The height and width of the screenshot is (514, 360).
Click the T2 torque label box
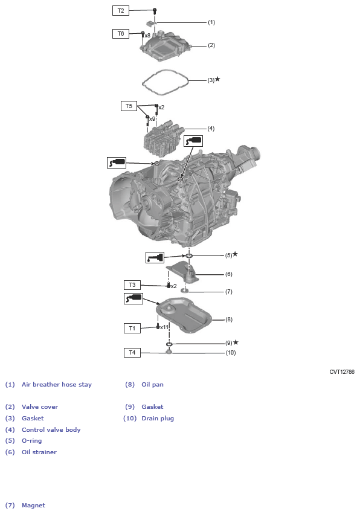coord(121,10)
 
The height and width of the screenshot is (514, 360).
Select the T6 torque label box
coord(121,34)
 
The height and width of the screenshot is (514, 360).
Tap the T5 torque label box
coord(129,106)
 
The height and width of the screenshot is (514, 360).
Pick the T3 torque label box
coord(132,284)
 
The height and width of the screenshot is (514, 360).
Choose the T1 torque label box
coord(132,328)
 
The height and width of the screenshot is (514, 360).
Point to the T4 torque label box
coord(132,352)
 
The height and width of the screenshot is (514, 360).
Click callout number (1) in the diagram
coord(211,22)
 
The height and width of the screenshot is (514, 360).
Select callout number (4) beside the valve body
coord(211,129)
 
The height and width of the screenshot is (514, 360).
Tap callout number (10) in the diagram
coord(230,352)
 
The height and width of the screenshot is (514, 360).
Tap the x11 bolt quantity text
coord(164,327)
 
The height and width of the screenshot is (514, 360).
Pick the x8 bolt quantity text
coord(147,36)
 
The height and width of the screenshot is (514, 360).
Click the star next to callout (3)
coord(217,79)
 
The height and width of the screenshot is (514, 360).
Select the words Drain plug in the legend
coord(158,418)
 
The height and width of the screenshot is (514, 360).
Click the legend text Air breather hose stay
coord(57,384)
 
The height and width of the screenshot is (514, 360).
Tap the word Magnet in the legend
coord(33,505)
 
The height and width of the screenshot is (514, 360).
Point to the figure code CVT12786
coord(342,372)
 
